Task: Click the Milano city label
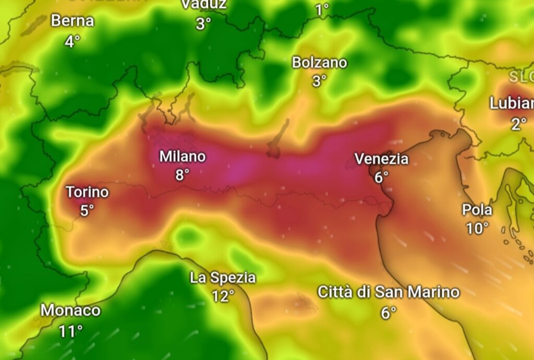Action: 183,157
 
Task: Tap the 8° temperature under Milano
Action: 182,174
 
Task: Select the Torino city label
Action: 87,192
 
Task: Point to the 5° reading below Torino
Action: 87,210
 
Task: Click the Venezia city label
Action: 381,159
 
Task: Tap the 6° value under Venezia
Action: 382,177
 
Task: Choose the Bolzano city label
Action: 319,63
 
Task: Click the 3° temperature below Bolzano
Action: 319,81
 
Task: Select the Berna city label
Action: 72,21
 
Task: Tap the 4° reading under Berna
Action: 72,41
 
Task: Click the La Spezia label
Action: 223,278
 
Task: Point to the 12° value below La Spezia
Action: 223,296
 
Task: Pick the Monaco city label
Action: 70,310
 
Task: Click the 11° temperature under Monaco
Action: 70,330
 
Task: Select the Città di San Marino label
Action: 389,292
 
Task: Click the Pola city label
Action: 477,210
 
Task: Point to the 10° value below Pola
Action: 477,228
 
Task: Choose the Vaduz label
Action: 204,5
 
